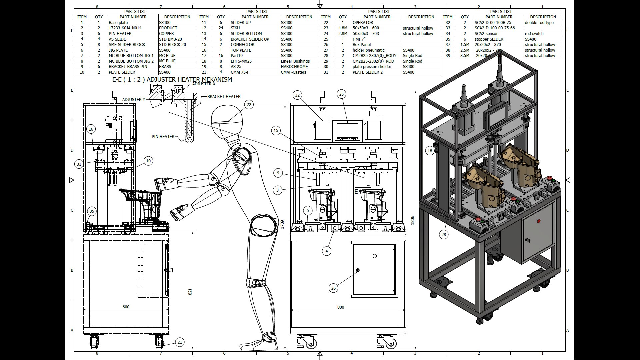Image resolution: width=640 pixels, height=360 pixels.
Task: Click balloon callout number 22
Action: tap(249, 104)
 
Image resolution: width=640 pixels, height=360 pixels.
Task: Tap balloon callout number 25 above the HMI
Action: tap(341, 94)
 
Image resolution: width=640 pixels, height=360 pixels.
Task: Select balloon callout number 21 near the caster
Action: tap(180, 342)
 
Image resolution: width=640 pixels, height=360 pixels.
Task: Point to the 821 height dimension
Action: tap(190, 292)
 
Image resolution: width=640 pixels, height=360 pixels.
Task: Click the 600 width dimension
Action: tap(126, 307)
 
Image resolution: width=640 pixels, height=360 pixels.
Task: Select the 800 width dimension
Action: tap(341, 307)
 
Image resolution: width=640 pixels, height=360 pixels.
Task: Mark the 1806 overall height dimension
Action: tap(413, 220)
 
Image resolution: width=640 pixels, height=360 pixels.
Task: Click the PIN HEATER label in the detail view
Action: tap(163, 136)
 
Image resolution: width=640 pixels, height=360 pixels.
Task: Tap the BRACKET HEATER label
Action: tap(224, 97)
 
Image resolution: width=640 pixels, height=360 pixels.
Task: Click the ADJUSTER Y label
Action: tap(134, 99)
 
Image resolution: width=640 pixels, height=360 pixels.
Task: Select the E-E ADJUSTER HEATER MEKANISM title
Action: tap(172, 79)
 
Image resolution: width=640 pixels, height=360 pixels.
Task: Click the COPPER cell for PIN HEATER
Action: tap(166, 33)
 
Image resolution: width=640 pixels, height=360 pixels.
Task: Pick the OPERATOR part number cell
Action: tap(363, 22)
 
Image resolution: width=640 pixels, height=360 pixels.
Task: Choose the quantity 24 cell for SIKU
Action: tap(221, 28)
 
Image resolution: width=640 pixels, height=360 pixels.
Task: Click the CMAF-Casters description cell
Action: tap(293, 72)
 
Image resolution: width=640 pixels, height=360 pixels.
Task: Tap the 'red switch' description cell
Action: tap(534, 33)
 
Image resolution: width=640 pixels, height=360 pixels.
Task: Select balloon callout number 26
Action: tap(333, 288)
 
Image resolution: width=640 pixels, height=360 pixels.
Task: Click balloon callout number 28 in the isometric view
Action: tap(444, 234)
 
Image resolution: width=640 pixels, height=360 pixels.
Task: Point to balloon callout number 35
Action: tap(92, 211)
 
